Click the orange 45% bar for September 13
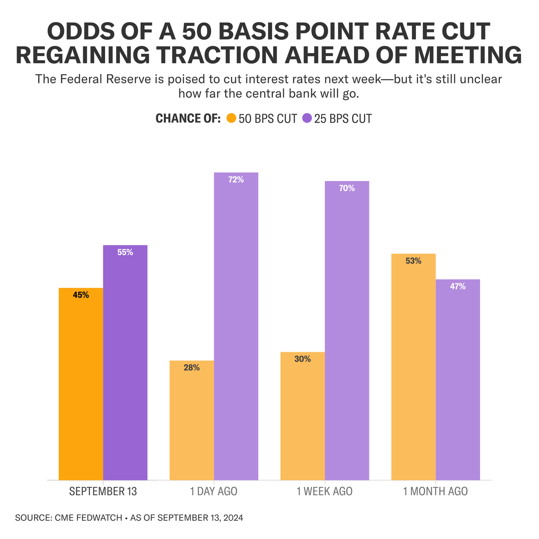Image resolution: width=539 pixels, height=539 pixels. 81,384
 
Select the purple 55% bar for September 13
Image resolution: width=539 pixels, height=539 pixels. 125,363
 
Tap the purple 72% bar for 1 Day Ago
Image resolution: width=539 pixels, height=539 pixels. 236,327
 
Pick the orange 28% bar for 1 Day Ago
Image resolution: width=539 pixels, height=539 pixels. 192,420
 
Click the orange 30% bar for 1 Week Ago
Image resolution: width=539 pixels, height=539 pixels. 303,416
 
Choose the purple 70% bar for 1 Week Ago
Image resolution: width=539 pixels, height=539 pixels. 347,331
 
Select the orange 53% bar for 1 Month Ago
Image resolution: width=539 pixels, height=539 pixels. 413,367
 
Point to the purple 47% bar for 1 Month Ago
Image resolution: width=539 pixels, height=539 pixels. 458,380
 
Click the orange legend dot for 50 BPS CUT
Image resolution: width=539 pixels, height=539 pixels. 231,118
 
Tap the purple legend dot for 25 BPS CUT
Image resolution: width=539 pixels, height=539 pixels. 307,118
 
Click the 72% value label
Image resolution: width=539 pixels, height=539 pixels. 236,180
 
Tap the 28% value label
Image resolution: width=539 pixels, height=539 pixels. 192,367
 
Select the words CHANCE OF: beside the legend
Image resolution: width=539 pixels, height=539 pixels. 188,118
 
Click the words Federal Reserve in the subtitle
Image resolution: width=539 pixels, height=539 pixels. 106,79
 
